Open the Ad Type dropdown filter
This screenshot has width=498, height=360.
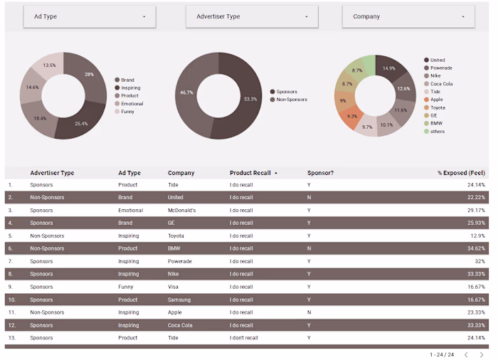pyautogui.click(x=90, y=16)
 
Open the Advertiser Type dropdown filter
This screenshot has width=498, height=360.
pyautogui.click(x=252, y=16)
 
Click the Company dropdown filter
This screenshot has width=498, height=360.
pyautogui.click(x=408, y=16)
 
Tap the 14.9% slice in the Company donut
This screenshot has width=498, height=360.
pyautogui.click(x=391, y=69)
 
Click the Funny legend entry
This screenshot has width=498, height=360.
pyautogui.click(x=127, y=111)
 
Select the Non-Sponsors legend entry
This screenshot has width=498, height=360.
pyautogui.click(x=292, y=100)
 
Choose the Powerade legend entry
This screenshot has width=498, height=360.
pyautogui.click(x=440, y=68)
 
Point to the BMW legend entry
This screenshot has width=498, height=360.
pyautogui.click(x=435, y=123)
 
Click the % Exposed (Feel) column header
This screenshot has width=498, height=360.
pyautogui.click(x=461, y=173)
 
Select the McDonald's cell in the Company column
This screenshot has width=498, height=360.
pyautogui.click(x=181, y=211)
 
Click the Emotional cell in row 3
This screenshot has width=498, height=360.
pyautogui.click(x=130, y=211)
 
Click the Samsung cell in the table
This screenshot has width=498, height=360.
pyautogui.click(x=179, y=300)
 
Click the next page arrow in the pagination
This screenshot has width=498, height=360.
pyautogui.click(x=482, y=354)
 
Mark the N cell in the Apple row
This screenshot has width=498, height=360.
pyautogui.click(x=309, y=312)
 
